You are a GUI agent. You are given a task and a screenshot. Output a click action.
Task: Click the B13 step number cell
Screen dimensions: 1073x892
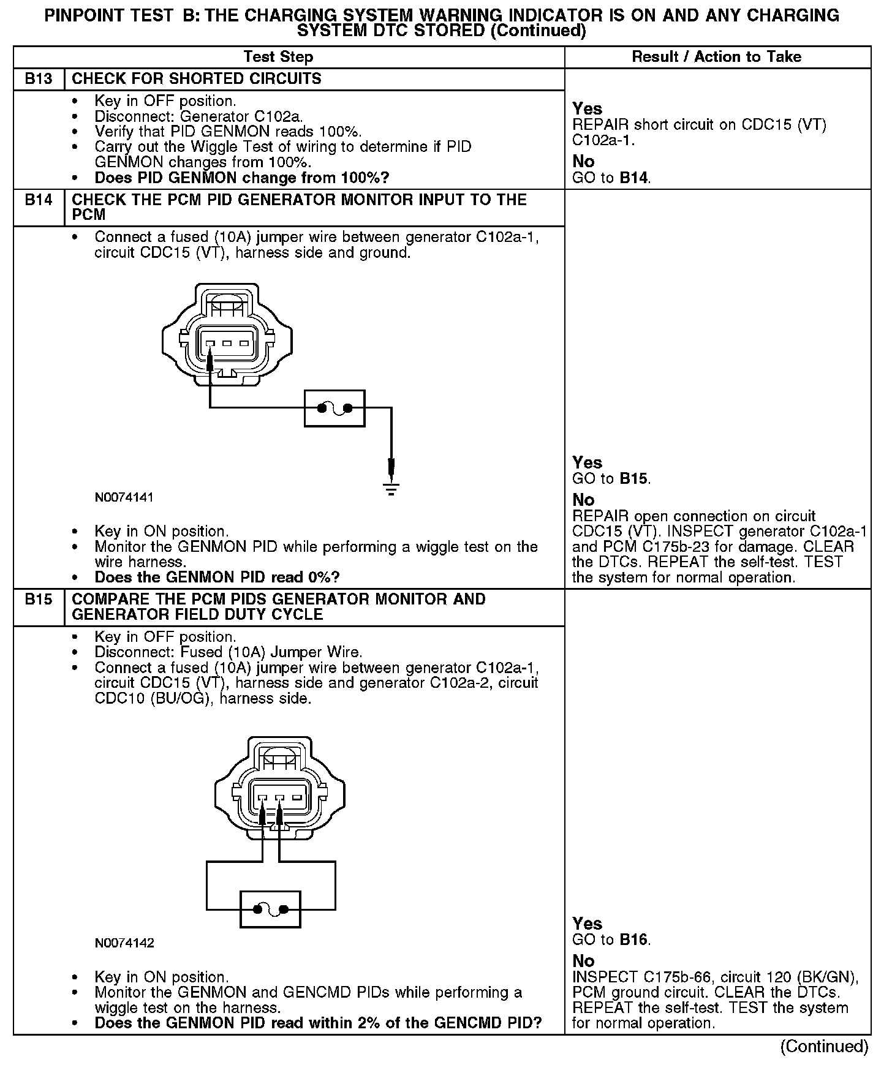[39, 79]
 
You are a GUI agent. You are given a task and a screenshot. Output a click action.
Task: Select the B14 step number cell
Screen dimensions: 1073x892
[39, 200]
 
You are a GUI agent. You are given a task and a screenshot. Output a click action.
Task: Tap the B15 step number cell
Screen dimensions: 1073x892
[39, 600]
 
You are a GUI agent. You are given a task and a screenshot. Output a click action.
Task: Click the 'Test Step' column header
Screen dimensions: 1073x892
[278, 57]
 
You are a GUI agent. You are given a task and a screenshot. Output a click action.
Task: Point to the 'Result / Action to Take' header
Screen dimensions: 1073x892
[716, 57]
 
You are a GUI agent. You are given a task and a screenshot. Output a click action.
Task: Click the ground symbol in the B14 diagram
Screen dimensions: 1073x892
[391, 488]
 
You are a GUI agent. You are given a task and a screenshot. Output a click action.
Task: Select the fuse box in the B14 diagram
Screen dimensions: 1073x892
[334, 408]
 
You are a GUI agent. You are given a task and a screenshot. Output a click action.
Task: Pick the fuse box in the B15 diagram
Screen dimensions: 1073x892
[270, 909]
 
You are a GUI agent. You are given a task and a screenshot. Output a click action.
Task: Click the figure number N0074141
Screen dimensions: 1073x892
[124, 497]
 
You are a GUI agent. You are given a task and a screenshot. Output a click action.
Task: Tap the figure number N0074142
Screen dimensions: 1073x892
[124, 943]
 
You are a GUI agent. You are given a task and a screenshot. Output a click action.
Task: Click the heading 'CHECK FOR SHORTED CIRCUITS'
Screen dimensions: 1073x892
[197, 79]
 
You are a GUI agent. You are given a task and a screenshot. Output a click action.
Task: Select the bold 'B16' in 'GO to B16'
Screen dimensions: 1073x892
[634, 939]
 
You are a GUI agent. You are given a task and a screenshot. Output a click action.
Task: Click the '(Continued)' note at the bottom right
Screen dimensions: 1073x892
[824, 1047]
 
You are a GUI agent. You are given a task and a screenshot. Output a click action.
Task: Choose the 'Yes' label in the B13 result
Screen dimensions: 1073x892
[587, 108]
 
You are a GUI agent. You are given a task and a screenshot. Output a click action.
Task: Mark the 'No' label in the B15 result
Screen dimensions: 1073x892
[583, 960]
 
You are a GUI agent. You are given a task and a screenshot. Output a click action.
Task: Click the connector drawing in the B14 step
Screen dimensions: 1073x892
[227, 334]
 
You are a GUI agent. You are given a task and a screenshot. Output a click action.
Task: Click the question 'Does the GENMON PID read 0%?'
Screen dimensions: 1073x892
[217, 578]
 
